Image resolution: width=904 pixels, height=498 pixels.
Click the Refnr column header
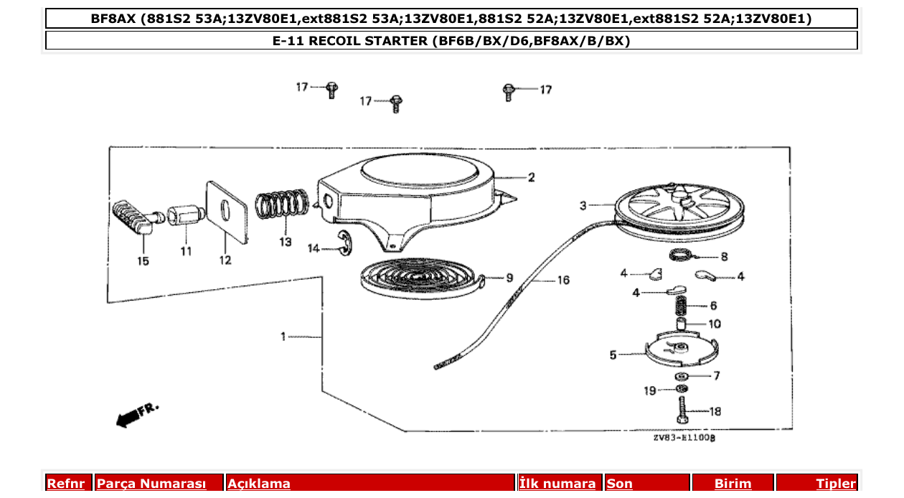tap(67, 484)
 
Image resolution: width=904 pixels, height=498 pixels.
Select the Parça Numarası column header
tap(151, 484)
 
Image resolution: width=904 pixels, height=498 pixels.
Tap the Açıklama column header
tap(259, 484)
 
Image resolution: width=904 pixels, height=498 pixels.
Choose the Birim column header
tap(733, 484)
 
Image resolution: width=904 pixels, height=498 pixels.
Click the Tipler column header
tap(835, 484)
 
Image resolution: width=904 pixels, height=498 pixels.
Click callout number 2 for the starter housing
tap(531, 177)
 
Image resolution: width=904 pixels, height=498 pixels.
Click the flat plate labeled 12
tap(226, 207)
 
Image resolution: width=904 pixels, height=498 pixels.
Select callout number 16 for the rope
tap(563, 280)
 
